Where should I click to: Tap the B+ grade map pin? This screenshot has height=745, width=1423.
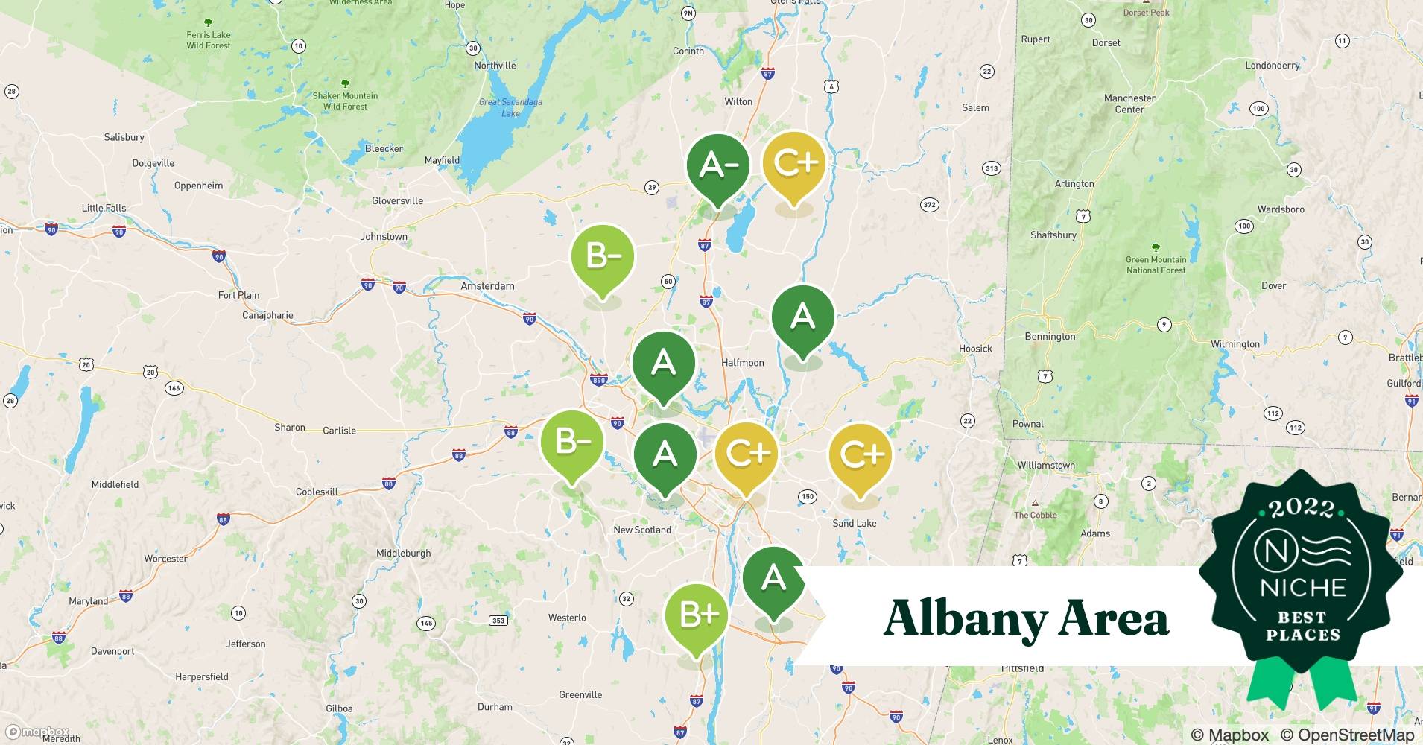click(697, 615)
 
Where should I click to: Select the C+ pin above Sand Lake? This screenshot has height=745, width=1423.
click(861, 454)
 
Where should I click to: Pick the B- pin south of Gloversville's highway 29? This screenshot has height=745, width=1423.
click(602, 258)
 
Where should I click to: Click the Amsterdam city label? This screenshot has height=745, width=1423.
click(487, 286)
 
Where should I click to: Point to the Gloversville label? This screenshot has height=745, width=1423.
click(397, 201)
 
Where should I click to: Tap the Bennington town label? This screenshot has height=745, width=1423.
click(1050, 337)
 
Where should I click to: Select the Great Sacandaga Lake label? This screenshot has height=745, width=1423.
click(510, 108)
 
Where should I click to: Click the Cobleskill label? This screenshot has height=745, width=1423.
click(317, 492)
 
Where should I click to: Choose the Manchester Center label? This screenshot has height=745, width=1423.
click(1129, 104)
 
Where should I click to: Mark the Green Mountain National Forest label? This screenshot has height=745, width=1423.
click(1156, 264)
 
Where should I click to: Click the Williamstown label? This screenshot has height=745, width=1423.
click(1046, 466)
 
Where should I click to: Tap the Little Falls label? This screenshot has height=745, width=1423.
click(104, 209)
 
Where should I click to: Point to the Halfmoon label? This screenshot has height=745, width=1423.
click(742, 363)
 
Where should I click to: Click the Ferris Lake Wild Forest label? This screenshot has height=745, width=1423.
click(209, 40)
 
